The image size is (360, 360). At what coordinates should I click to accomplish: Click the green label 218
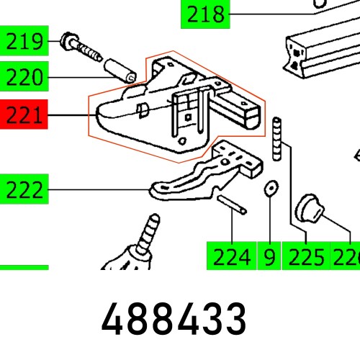205,14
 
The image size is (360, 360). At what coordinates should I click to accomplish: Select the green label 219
24,42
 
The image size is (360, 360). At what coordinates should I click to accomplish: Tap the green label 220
24,77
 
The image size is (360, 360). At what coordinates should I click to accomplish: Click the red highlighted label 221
24,114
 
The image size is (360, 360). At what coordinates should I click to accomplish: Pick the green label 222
24,191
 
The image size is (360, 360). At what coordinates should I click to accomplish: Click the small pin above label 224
233,205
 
